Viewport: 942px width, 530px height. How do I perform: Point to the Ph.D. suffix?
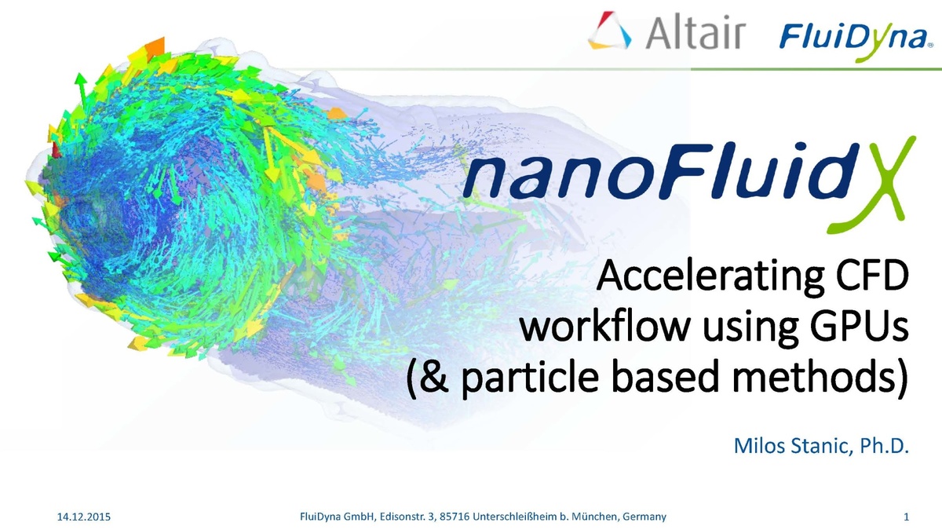(x=882, y=447)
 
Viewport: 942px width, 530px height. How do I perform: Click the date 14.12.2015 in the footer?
(x=85, y=517)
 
